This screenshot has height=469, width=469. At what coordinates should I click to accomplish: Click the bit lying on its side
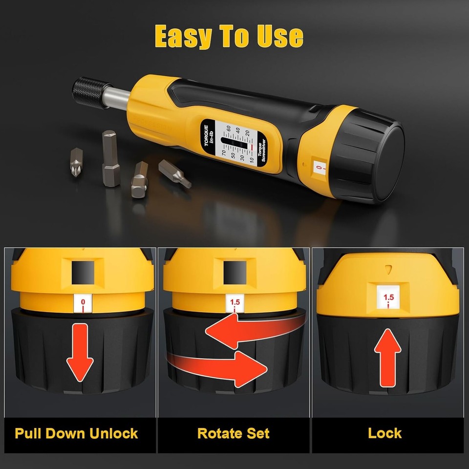pyautogui.click(x=174, y=173)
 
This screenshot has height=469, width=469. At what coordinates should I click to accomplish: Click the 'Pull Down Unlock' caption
pyautogui.click(x=76, y=433)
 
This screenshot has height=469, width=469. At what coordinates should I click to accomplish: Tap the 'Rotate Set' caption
pyautogui.click(x=234, y=433)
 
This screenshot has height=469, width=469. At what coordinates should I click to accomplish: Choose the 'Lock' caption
pyautogui.click(x=385, y=433)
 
